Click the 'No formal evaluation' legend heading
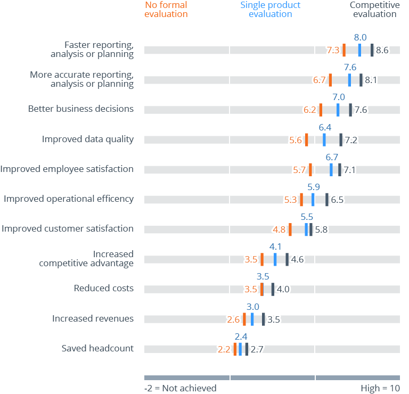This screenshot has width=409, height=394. point(166,10)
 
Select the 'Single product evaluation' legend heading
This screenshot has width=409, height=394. point(271,10)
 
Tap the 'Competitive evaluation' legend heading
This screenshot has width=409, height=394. point(374,10)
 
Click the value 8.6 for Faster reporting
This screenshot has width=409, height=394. point(382,51)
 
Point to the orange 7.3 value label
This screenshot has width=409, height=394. point(333,51)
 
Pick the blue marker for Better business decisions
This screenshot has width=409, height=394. point(338,110)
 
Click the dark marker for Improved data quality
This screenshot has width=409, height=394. point(341,139)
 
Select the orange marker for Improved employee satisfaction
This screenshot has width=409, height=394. point(310,170)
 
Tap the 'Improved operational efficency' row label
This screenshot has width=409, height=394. point(69,199)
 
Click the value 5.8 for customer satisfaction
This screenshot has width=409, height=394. point(321,230)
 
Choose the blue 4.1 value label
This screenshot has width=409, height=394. point(275,247)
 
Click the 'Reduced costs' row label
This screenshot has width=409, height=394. point(104,289)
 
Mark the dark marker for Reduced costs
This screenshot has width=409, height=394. point(273,289)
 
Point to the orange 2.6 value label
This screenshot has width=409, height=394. point(234,320)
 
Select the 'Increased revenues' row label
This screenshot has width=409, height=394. point(93,319)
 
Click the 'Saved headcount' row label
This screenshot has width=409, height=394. point(97,349)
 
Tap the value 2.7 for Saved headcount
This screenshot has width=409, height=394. point(257,350)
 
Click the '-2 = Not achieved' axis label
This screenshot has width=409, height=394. point(181,388)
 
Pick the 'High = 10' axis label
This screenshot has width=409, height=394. point(380,388)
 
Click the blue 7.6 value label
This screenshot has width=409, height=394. point(350,68)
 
